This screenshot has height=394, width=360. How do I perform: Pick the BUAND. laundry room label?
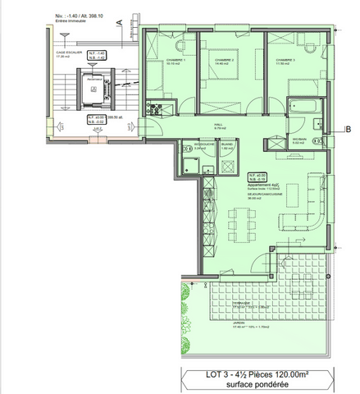pyautogui.click(x=229, y=142)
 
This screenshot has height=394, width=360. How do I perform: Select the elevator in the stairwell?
pyautogui.click(x=94, y=88)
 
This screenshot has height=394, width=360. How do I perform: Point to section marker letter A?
pyautogui.click(x=120, y=21)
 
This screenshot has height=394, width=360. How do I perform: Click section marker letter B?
pyautogui.click(x=348, y=127)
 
